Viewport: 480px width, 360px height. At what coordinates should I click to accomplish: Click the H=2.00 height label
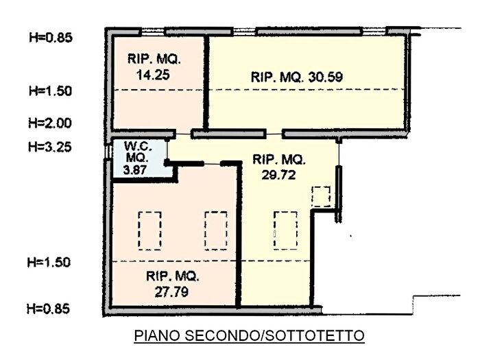(x=49, y=123)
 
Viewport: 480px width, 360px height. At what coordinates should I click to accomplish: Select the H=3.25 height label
(x=49, y=146)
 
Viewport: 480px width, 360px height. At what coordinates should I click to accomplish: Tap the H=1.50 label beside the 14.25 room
(x=49, y=91)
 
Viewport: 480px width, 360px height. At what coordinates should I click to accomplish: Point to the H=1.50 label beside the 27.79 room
(x=49, y=262)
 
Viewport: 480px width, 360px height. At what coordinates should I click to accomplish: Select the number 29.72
(x=277, y=174)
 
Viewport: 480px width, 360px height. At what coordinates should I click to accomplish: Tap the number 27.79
(x=171, y=291)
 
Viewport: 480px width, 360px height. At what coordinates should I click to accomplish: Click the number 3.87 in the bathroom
(x=136, y=169)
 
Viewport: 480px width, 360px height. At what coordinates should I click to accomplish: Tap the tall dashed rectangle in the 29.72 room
(x=285, y=231)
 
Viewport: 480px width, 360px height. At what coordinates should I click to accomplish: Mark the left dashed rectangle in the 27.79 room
(x=149, y=231)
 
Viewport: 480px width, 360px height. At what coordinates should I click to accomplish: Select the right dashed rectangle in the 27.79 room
(x=215, y=231)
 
